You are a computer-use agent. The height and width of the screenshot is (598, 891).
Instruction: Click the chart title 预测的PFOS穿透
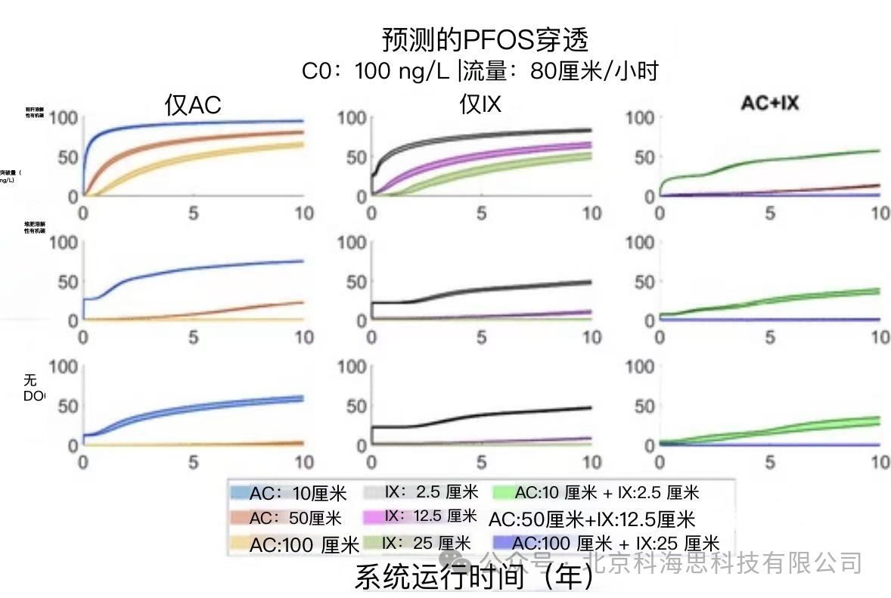click(485, 40)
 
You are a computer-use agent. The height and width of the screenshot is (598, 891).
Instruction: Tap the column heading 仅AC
click(193, 105)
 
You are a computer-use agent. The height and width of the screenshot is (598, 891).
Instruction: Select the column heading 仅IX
click(480, 104)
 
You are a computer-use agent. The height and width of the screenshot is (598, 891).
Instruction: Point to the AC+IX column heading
click(769, 104)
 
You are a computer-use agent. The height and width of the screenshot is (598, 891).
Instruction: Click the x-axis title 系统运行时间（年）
click(474, 578)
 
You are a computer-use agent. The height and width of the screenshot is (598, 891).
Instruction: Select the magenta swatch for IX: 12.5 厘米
click(373, 518)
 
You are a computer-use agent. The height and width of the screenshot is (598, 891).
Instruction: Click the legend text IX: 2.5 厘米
click(432, 493)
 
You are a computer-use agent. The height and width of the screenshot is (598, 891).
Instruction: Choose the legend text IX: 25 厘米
click(427, 543)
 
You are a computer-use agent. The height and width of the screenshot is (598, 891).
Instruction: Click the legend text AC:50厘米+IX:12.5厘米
click(591, 519)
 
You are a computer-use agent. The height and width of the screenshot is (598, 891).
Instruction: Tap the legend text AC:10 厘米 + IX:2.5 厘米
click(607, 494)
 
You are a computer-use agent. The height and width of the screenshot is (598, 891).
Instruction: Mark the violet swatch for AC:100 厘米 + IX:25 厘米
click(501, 544)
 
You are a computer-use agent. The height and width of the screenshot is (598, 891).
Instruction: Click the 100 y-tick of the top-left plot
click(64, 118)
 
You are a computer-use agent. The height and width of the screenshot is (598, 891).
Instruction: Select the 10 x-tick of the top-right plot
click(880, 212)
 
